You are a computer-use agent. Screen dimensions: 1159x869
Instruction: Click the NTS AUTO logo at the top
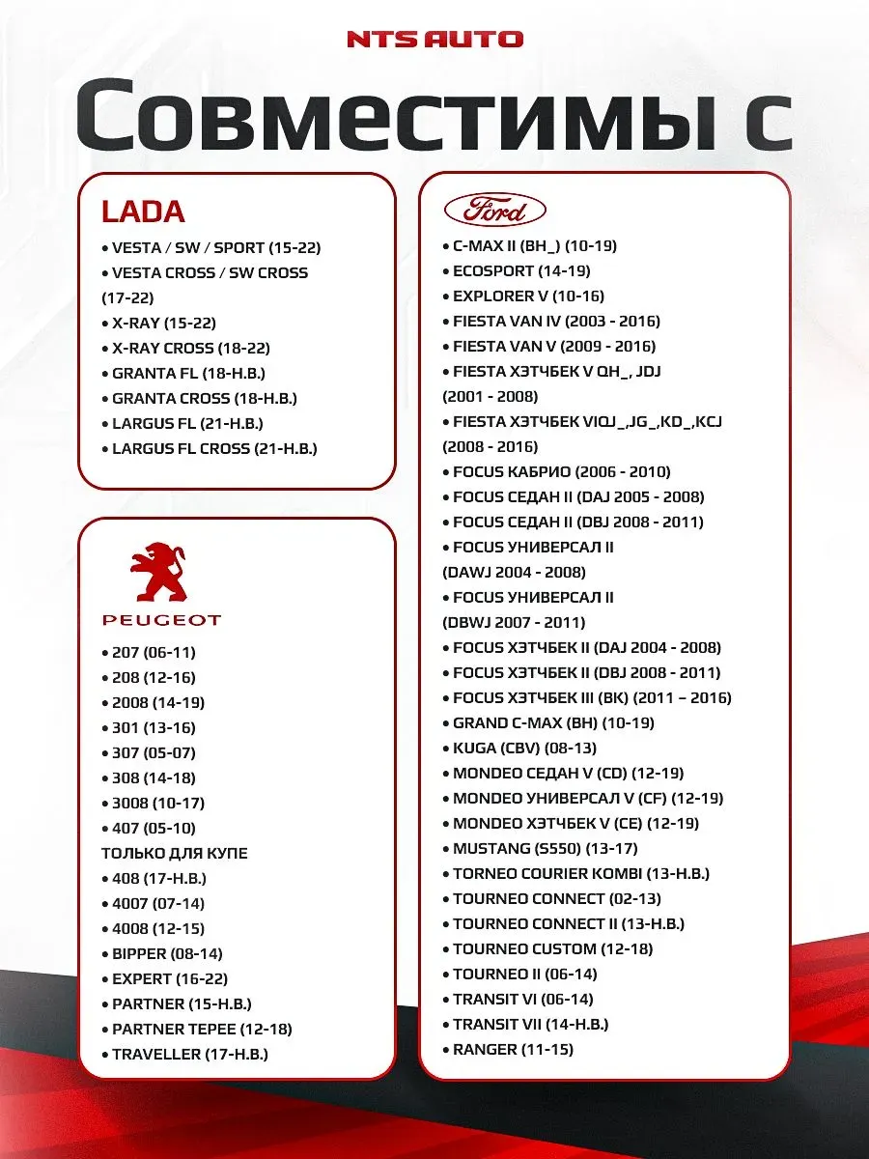point(434,40)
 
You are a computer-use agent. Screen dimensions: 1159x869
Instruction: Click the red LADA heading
point(143,212)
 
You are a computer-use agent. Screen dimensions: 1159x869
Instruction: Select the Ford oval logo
point(494,210)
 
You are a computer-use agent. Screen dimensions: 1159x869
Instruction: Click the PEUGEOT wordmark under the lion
point(161,620)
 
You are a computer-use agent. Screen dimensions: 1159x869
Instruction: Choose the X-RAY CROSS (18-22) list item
point(190,348)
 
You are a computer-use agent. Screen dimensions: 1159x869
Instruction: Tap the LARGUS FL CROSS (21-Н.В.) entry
point(214,448)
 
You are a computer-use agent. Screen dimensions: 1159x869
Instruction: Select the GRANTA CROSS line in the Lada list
point(204,398)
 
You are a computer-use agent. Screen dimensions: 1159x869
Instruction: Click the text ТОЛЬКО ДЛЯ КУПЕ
point(175,854)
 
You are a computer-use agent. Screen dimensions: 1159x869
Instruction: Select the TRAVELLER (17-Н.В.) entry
point(189,1055)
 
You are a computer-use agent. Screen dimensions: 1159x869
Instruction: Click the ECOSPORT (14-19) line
point(521,271)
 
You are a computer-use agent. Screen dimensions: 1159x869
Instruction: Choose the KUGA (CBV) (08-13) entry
point(524,749)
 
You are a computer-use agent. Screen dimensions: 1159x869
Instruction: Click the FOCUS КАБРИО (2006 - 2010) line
point(561,472)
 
